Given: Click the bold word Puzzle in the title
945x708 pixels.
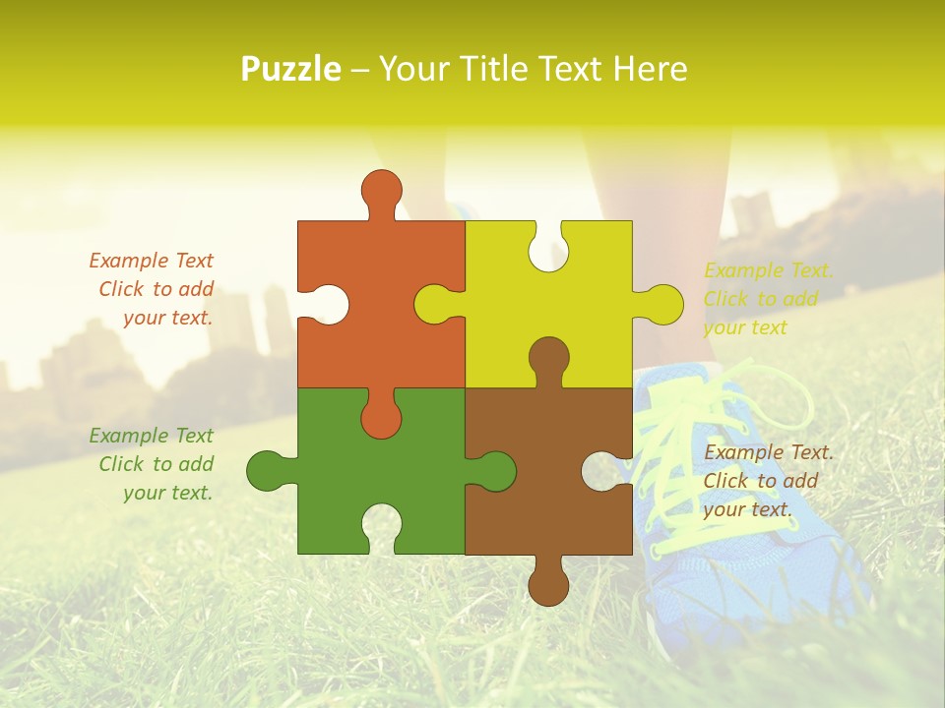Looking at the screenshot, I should point(291,69).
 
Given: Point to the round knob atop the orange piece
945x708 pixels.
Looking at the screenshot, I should point(381,189).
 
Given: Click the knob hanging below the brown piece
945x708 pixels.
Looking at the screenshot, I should point(548,586).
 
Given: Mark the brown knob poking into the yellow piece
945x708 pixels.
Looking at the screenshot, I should point(548,357).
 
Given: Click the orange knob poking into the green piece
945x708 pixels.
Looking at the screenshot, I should point(381,418).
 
